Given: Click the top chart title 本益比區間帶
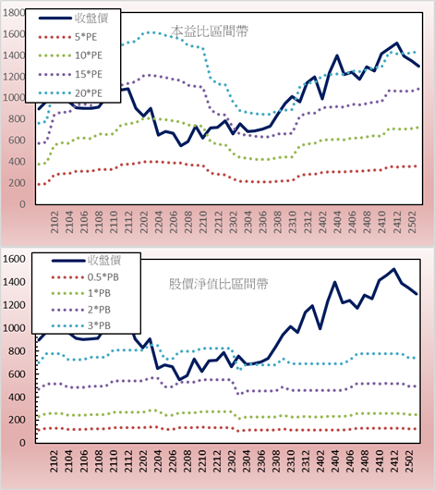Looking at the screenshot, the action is [210, 31].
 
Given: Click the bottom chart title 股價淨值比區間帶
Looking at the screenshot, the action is [218, 284].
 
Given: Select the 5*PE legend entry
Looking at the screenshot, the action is [86, 37].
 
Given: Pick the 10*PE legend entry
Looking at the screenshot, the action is [89, 55].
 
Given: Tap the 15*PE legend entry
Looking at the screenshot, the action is [89, 74].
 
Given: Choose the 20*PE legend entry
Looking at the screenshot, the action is [89, 93].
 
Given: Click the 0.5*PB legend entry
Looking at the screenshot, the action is [103, 277].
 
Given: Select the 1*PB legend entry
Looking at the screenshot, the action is [99, 293].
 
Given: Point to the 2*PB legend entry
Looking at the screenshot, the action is [99, 310].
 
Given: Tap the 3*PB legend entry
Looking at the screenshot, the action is [99, 325].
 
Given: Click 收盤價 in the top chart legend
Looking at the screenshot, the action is [91, 18].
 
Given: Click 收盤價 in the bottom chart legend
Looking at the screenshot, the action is [104, 260].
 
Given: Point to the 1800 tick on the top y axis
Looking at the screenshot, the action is [14, 13].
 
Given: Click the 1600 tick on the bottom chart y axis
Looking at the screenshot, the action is [14, 259].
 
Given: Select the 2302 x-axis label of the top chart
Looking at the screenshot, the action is [234, 222].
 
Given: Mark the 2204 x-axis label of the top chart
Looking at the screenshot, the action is [159, 222].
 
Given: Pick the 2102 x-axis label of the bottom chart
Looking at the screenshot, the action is [54, 461].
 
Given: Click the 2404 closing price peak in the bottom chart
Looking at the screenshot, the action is [334, 283].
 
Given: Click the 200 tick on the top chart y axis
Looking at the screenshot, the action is [17, 183].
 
